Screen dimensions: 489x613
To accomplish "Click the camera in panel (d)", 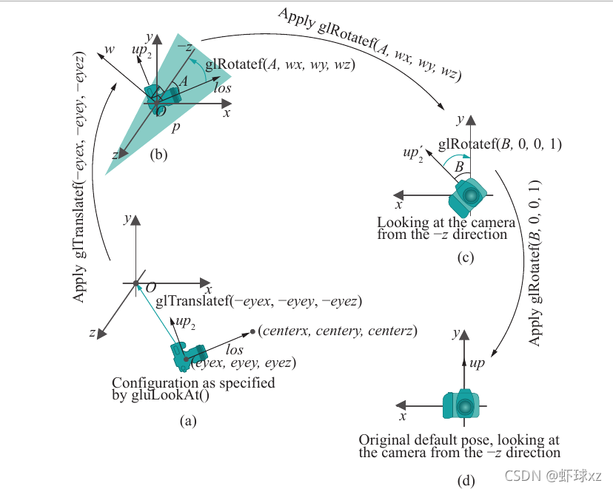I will pos(463,405).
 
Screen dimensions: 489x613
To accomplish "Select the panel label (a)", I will pos(188,421).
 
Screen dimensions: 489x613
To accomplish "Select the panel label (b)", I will pos(159,155).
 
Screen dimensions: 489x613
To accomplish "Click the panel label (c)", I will pos(466,257).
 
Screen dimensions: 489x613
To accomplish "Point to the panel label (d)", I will pos(466,481).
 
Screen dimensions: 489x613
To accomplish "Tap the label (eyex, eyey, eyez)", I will pos(244,362).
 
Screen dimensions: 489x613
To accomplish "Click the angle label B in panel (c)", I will pos(458,169).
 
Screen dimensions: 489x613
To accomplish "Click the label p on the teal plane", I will pos(175,127).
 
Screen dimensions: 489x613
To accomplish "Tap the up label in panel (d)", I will pos(478,364).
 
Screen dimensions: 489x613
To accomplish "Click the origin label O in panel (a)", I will pos(151,287).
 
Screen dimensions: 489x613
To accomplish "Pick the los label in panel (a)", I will pos(234,349).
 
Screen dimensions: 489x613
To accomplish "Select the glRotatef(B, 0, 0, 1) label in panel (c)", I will pos(500,144).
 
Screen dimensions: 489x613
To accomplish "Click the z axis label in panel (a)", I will pos(92,333).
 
